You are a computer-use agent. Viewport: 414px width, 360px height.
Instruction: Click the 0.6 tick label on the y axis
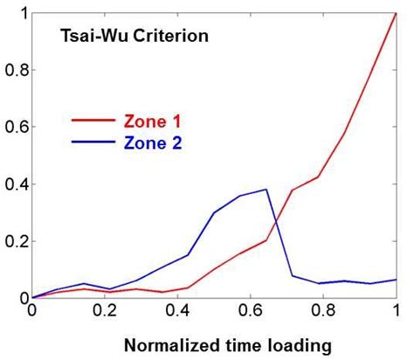coord(17,127)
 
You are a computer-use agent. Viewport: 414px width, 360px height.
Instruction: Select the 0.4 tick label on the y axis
coord(17,184)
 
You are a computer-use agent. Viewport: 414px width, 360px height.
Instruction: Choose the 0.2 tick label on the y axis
coord(17,241)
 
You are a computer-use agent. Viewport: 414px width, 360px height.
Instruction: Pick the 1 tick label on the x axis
coord(397,310)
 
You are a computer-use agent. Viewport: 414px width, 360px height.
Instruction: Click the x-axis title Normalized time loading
coord(215,346)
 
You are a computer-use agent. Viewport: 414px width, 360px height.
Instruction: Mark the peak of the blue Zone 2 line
coord(266,190)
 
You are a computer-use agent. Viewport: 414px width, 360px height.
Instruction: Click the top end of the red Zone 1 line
coord(397,13)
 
